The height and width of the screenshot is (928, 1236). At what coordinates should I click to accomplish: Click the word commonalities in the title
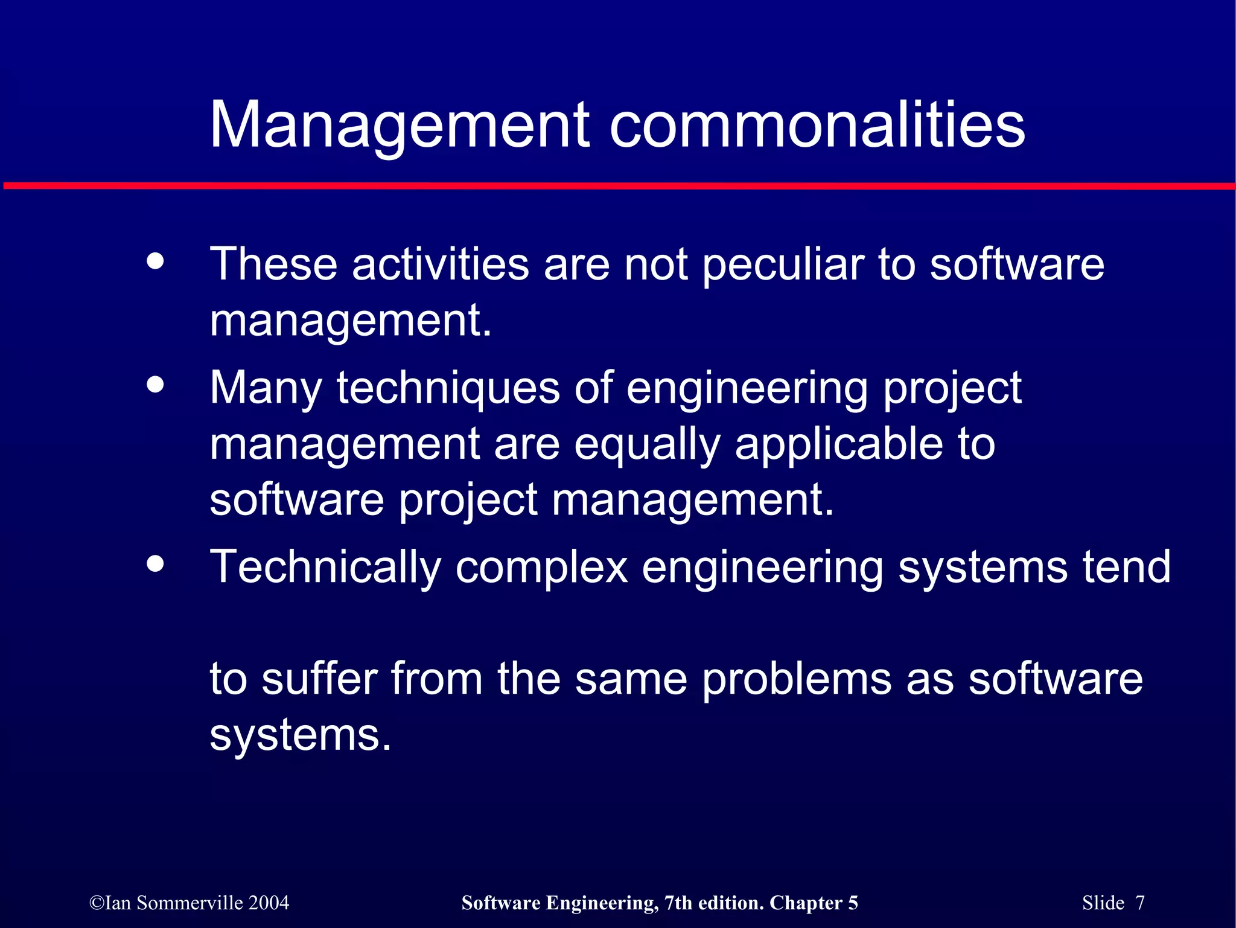coord(817,125)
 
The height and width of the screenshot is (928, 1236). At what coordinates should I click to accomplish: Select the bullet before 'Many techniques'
coord(156,385)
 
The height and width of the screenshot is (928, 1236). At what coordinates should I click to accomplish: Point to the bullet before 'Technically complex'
coord(156,563)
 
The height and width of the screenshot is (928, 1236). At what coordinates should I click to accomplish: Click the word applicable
coord(839,444)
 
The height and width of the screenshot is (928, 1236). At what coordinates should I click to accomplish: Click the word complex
coord(541,568)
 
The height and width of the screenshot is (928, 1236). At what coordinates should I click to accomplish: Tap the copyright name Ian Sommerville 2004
coord(190,903)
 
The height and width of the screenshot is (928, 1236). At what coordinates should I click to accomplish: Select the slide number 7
coord(1139,903)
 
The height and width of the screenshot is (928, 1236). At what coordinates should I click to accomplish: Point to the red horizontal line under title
coord(618,185)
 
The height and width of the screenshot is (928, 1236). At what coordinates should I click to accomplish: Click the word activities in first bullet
coord(440,265)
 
